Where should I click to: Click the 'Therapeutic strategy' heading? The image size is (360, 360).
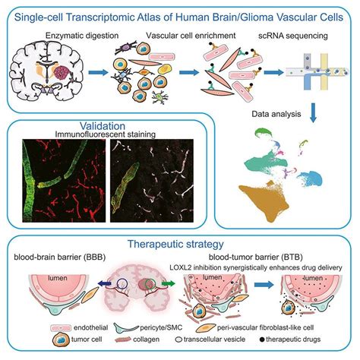click(180, 244)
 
